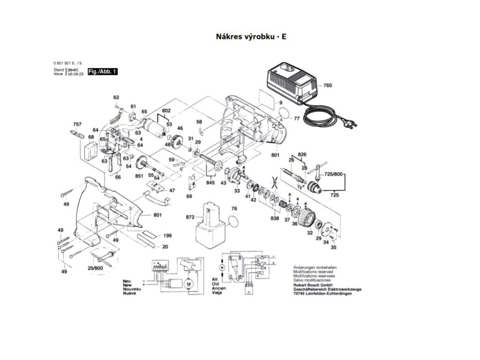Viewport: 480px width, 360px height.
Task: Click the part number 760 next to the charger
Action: [x=327, y=86]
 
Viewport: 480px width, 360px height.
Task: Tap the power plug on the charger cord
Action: [x=350, y=123]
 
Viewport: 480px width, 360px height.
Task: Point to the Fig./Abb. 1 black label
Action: [x=103, y=72]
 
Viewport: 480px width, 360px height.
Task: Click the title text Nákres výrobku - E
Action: [x=251, y=36]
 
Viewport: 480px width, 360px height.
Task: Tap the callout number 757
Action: [x=77, y=124]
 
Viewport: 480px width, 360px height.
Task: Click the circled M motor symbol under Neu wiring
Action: [x=188, y=284]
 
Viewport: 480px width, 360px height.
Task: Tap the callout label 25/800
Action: [x=95, y=268]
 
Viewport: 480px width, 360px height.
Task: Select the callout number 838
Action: [x=275, y=219]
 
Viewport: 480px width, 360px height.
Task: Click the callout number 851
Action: [x=139, y=176]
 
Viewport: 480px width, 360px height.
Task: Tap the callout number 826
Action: [x=302, y=154]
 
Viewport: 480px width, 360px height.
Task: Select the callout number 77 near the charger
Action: [x=297, y=118]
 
